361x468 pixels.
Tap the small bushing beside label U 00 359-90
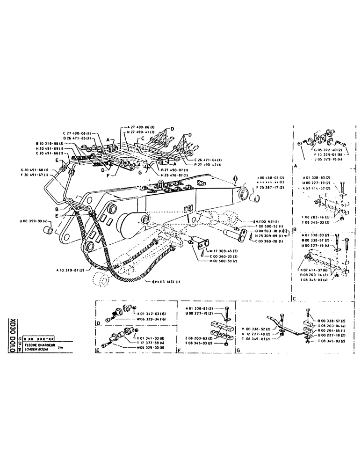click(x=48, y=231)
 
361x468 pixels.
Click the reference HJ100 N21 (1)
click(x=267, y=221)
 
